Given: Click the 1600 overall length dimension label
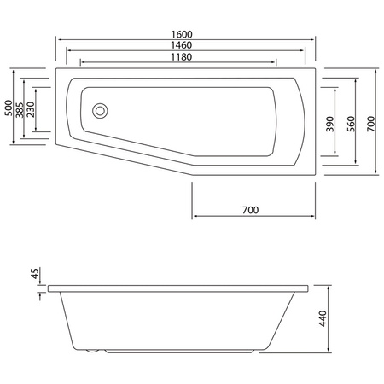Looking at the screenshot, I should pyautogui.click(x=186, y=34).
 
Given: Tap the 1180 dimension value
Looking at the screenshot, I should pyautogui.click(x=179, y=57).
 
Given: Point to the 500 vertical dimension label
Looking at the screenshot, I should pyautogui.click(x=9, y=108).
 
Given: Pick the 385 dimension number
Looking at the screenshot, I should pyautogui.click(x=20, y=109).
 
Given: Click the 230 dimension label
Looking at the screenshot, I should pyautogui.click(x=31, y=109).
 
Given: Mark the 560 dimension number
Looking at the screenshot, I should pyautogui.click(x=350, y=125).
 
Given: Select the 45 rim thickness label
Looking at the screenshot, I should pyautogui.click(x=35, y=274).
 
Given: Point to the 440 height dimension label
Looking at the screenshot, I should pyautogui.click(x=323, y=319).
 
